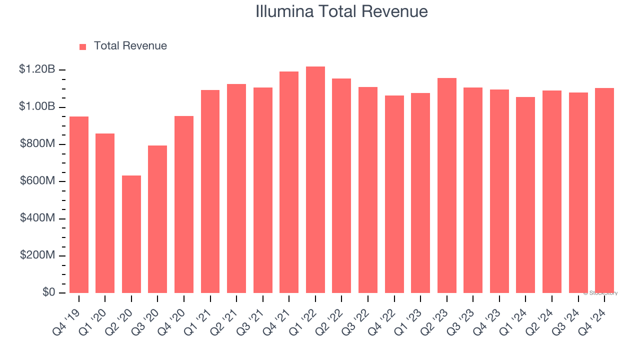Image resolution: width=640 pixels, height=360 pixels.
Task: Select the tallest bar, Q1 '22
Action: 315,180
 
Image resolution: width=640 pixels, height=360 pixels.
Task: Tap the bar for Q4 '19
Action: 79,204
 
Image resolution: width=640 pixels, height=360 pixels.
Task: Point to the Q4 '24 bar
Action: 604,190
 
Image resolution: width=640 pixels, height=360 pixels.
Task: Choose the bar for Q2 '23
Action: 447,185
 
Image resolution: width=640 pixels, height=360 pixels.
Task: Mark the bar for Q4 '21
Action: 289,182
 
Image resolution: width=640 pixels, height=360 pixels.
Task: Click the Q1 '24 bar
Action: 525,195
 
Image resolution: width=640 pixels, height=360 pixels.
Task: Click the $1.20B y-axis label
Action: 37,69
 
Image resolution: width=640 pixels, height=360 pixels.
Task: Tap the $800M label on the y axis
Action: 37,144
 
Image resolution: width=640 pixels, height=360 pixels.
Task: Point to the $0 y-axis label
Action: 48,292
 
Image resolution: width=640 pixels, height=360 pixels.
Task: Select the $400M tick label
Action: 37,218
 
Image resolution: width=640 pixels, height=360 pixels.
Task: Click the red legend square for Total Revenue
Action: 83,46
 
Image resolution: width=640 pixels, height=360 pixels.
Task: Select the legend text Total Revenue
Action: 130,46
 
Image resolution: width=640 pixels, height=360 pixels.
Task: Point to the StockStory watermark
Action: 600,293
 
